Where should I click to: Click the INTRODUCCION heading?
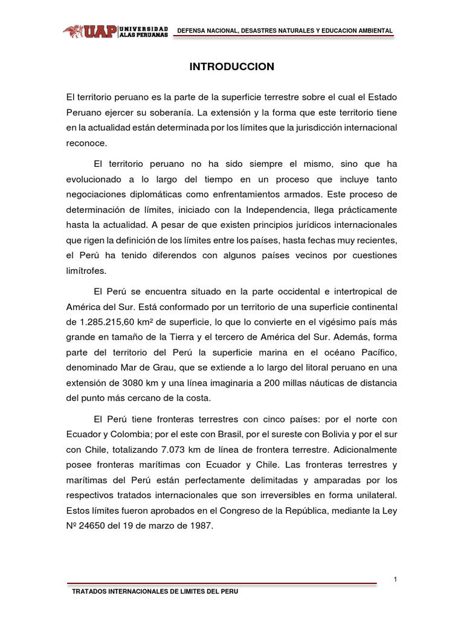point(232,67)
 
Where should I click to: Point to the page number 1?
point(395,580)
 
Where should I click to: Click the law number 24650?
point(96,527)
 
